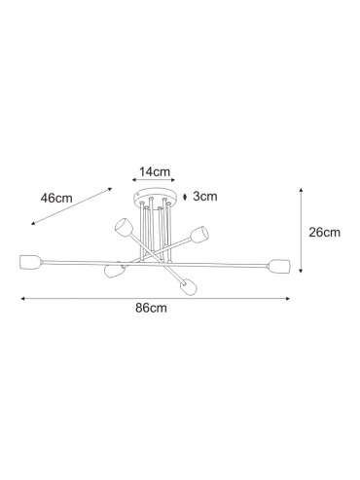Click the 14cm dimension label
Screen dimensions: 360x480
click(x=155, y=171)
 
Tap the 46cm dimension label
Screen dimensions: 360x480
click(x=56, y=198)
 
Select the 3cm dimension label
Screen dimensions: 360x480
click(x=205, y=196)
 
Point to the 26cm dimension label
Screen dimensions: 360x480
click(x=324, y=232)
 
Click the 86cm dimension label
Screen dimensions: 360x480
click(x=151, y=308)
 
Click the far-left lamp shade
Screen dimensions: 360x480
click(x=30, y=262)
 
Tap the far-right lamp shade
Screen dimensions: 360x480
click(x=279, y=266)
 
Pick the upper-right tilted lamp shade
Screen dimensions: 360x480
click(x=199, y=234)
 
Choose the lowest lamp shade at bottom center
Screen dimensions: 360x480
click(x=189, y=286)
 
